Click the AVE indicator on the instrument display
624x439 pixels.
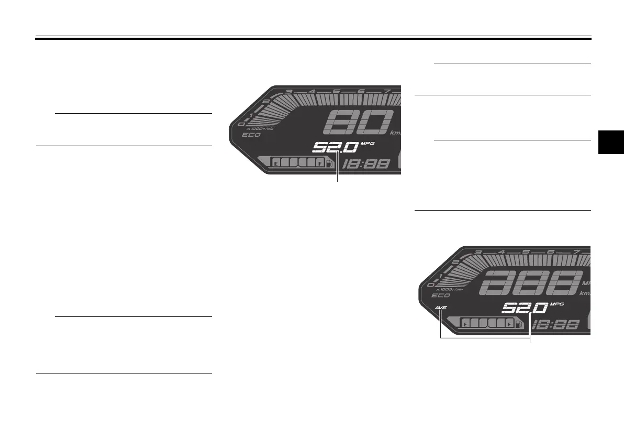[x=441, y=308]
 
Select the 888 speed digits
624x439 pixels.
[x=529, y=284]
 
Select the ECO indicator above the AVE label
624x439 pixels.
[x=441, y=295]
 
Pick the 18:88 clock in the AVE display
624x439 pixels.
[x=556, y=325]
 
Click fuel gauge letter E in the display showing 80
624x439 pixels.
[x=276, y=163]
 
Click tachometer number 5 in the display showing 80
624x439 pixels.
[x=336, y=92]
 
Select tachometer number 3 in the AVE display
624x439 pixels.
[x=477, y=253]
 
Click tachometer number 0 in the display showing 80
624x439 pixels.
[x=240, y=124]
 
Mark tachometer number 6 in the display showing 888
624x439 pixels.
[x=550, y=252]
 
